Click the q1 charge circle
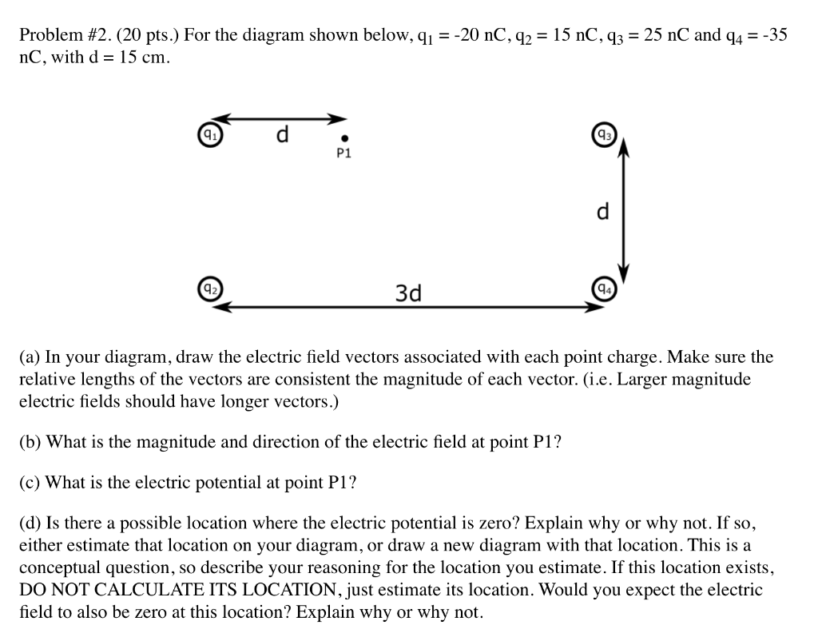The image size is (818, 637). pyautogui.click(x=209, y=135)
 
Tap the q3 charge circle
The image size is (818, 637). pyautogui.click(x=602, y=135)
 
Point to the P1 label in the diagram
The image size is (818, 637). pyautogui.click(x=344, y=153)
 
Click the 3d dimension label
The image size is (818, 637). pyautogui.click(x=408, y=293)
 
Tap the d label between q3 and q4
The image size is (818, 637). pyautogui.click(x=602, y=212)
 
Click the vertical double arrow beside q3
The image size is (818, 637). pyautogui.click(x=624, y=212)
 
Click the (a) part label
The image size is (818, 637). pyautogui.click(x=30, y=357)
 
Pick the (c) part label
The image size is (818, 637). pyautogui.click(x=30, y=483)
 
